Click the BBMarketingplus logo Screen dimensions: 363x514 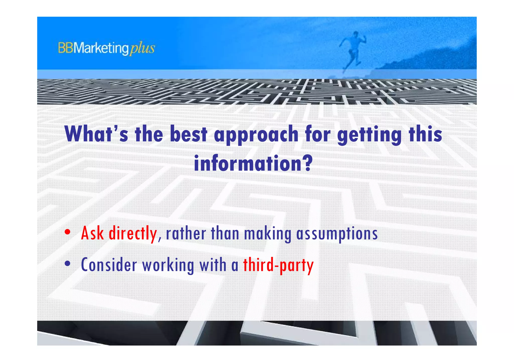[106, 48]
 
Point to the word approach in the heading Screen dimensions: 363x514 [256, 135]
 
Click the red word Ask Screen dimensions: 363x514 [92, 233]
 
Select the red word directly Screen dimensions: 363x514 [133, 233]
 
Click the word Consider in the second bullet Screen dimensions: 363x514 [109, 265]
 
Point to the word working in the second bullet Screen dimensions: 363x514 [168, 265]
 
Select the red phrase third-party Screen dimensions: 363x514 [278, 265]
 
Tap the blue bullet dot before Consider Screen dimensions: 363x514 [67, 264]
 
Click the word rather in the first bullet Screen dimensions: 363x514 [186, 233]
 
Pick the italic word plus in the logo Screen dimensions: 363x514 [142, 48]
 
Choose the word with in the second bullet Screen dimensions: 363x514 [213, 265]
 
